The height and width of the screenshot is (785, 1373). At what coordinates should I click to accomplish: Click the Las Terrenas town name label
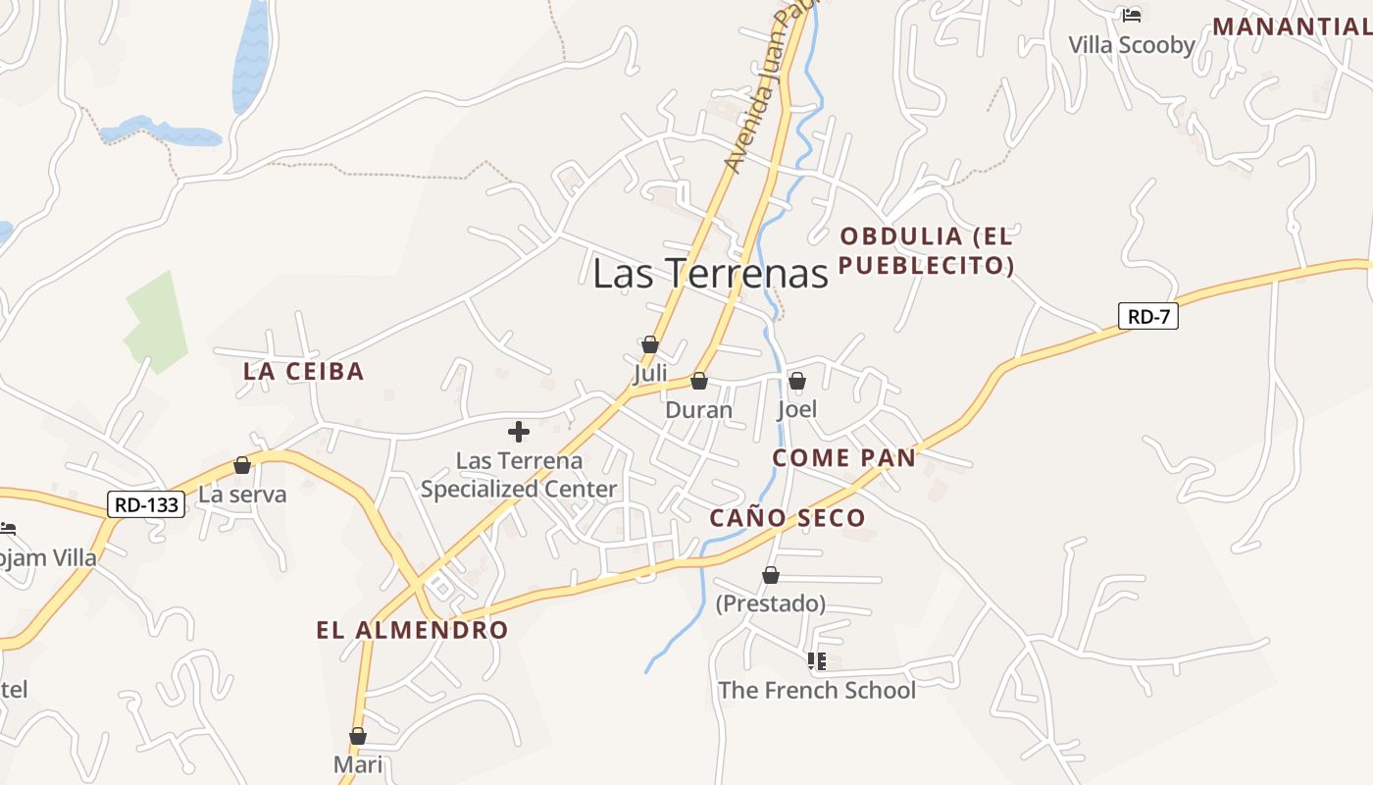click(710, 273)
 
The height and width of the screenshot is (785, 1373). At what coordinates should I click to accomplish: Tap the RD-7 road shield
click(1147, 316)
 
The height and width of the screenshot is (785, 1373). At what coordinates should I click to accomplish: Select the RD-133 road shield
click(146, 505)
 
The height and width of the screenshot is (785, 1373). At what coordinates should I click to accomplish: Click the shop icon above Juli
click(649, 344)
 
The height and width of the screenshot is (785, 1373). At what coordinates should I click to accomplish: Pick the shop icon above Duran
click(699, 381)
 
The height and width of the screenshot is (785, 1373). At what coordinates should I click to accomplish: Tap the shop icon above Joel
click(797, 381)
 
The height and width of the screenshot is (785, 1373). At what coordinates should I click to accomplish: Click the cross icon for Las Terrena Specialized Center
click(519, 431)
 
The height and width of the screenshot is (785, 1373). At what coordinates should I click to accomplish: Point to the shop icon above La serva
click(242, 465)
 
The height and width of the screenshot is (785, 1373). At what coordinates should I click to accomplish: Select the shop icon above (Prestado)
click(771, 575)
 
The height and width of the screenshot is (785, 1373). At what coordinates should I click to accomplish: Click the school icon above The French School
click(817, 661)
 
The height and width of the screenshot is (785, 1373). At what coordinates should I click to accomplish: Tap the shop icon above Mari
click(358, 736)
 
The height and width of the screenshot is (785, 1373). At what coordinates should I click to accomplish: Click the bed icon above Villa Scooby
click(1132, 16)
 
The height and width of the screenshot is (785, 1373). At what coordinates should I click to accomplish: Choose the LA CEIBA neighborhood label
click(303, 372)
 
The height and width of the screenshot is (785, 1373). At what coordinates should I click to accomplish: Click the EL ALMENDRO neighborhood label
click(412, 630)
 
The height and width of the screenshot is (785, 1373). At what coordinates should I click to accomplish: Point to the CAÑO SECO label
click(788, 518)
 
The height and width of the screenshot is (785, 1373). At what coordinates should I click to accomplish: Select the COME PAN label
click(843, 457)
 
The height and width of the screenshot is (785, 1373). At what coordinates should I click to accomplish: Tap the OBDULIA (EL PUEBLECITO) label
click(926, 250)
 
